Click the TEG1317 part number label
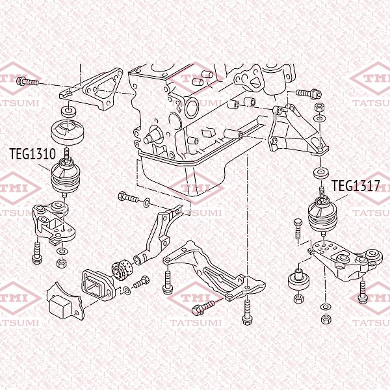(355, 186)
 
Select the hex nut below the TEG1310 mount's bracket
(62, 263)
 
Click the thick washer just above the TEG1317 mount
(320, 173)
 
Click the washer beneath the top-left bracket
(67, 111)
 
